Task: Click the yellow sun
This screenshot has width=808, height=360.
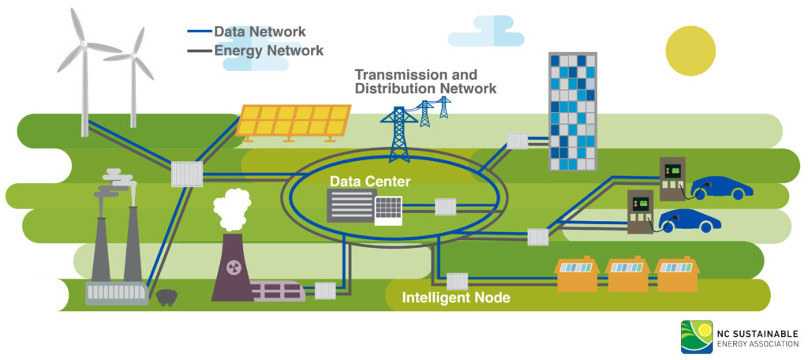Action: click(x=690, y=51)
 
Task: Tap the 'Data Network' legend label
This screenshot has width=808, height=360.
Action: click(x=260, y=32)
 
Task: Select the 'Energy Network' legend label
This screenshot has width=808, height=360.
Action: click(x=268, y=51)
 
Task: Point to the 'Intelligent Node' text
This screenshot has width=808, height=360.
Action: click(x=456, y=298)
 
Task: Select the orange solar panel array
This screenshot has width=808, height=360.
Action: click(x=294, y=122)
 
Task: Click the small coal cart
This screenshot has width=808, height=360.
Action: click(x=166, y=298)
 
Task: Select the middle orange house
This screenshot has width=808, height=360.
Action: click(x=627, y=273)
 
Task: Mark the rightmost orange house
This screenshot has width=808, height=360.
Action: click(x=677, y=273)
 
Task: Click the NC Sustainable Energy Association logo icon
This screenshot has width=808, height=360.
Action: click(x=695, y=337)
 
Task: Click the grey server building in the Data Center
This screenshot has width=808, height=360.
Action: click(x=350, y=206)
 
